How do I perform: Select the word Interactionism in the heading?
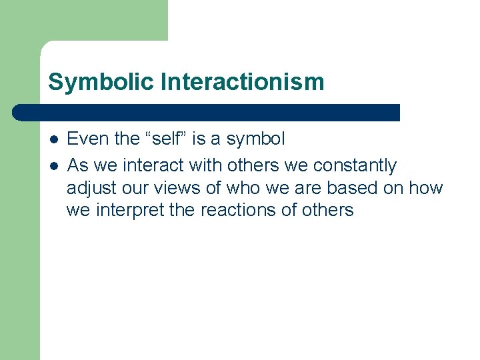242,82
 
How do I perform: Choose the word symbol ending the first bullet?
255,139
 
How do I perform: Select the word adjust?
87,189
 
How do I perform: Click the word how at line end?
426,188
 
